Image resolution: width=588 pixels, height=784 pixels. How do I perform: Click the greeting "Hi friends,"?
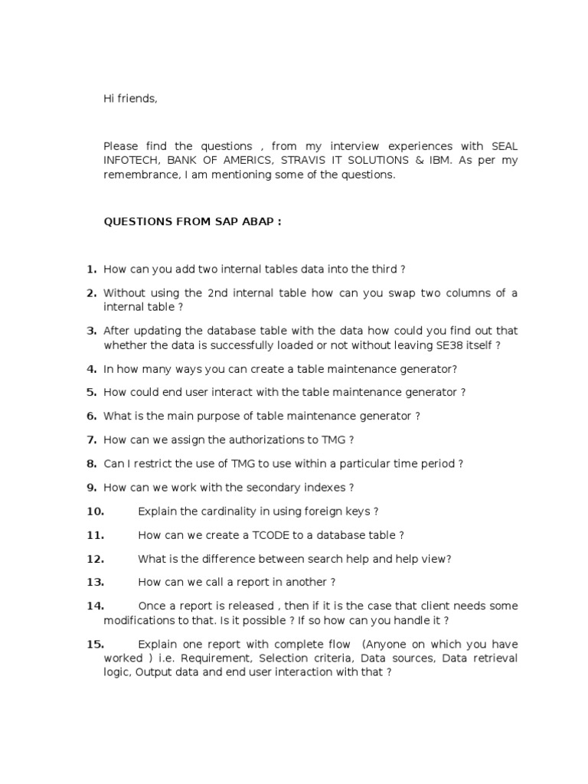click(130, 99)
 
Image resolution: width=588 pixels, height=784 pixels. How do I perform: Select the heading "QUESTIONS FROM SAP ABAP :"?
click(192, 222)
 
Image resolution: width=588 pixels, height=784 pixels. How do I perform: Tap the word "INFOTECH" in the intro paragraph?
click(131, 160)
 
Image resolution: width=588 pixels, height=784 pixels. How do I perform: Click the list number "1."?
click(91, 269)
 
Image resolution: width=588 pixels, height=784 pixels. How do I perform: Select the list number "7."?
click(91, 439)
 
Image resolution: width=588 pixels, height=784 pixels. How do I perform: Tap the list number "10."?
click(95, 511)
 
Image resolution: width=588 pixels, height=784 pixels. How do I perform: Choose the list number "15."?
click(95, 644)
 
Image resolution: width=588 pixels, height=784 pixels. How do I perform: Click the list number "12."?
click(95, 559)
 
